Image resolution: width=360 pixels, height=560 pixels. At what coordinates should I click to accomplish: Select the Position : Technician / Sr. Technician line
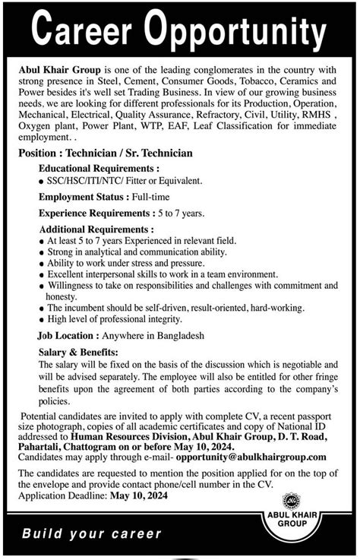[106, 153]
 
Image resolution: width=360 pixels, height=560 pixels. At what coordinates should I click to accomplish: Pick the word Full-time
[156, 197]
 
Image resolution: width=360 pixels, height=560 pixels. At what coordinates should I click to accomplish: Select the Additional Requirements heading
[96, 228]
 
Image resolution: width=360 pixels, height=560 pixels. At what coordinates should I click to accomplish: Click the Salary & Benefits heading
[79, 353]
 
